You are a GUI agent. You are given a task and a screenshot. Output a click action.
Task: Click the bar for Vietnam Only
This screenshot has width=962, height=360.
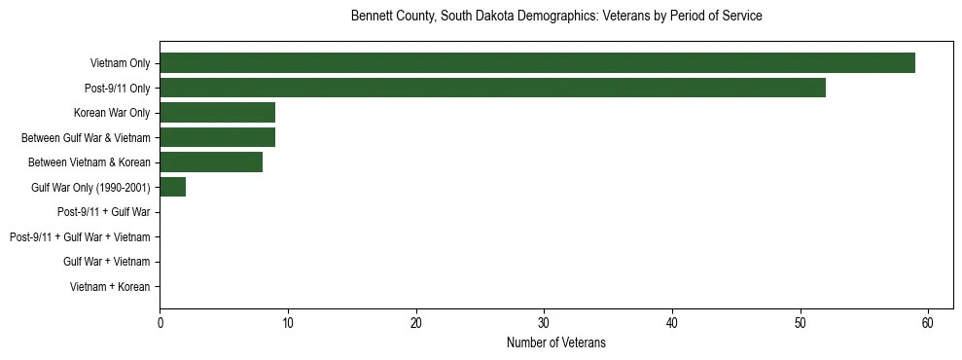click(537, 63)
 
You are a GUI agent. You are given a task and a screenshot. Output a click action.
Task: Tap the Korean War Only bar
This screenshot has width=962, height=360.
click(217, 113)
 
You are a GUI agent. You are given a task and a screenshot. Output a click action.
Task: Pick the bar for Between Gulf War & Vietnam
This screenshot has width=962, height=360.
click(217, 137)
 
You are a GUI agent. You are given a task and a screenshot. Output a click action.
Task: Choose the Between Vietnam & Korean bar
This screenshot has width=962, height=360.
click(211, 162)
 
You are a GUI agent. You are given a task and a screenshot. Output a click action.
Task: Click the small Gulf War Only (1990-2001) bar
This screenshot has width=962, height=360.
click(172, 187)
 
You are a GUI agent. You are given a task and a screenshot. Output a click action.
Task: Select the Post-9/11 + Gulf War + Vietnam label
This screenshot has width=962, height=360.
click(80, 237)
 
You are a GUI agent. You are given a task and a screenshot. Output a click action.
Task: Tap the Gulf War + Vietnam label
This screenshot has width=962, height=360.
click(106, 262)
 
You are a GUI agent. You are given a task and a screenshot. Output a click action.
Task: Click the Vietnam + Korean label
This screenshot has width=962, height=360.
click(110, 287)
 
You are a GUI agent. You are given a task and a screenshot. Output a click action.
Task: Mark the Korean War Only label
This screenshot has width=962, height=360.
click(112, 113)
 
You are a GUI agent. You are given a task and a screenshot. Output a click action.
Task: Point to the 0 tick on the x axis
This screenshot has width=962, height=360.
click(160, 323)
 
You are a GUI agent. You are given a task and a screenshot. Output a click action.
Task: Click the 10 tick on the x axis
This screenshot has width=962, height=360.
click(288, 323)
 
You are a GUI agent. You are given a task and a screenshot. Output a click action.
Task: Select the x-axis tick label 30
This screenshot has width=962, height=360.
click(544, 323)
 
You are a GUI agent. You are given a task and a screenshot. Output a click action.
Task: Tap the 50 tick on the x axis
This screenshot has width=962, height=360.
click(800, 323)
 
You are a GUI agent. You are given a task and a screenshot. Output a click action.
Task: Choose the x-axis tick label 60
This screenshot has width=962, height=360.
click(928, 323)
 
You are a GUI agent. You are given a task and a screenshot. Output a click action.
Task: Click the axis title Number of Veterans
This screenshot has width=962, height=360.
click(556, 342)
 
